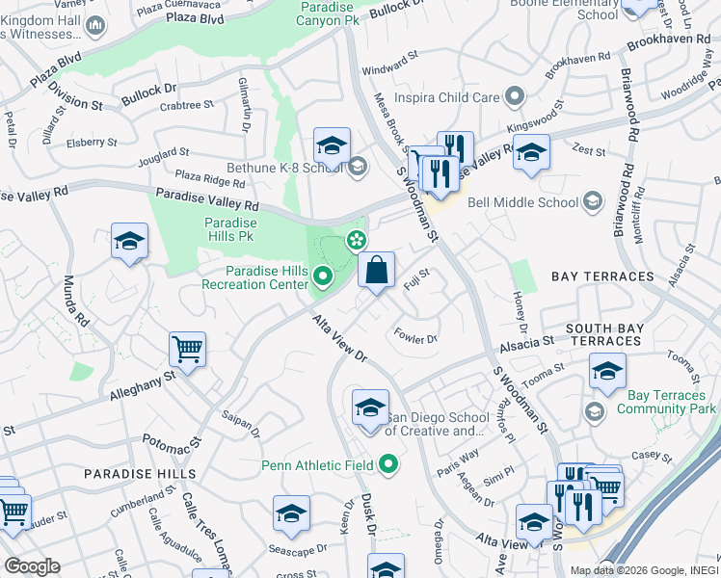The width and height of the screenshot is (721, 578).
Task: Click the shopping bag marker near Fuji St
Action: pyautogui.click(x=377, y=271)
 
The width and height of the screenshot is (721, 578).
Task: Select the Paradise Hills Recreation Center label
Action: pyautogui.click(x=254, y=277)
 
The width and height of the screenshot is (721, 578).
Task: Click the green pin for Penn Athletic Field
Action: pyautogui.click(x=389, y=465)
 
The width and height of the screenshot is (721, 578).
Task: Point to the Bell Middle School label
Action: pyautogui.click(x=521, y=202)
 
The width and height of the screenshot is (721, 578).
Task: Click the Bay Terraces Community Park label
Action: pyautogui.click(x=659, y=403)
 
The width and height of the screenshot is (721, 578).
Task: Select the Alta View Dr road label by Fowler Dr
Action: pyautogui.click(x=340, y=339)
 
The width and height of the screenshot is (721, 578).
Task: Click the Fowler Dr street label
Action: pyautogui.click(x=416, y=336)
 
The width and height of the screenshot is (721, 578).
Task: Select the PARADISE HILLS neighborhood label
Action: pyautogui.click(x=140, y=474)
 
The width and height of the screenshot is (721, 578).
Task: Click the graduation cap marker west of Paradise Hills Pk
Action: pyautogui.click(x=129, y=242)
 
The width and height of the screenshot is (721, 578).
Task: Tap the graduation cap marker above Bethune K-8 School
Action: pyautogui.click(x=332, y=146)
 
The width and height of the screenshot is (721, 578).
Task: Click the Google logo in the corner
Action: pyautogui.click(x=32, y=566)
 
